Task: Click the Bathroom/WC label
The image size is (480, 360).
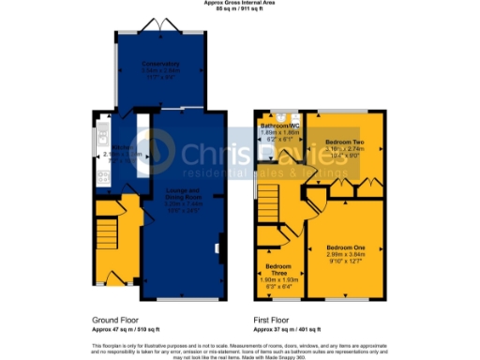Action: [x=278, y=126]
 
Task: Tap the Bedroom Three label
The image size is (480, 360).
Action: [x=277, y=256]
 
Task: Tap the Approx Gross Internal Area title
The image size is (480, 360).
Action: [x=239, y=4]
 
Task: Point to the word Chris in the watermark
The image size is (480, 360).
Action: [x=211, y=155]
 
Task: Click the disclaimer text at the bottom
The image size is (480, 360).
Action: [x=239, y=350]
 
